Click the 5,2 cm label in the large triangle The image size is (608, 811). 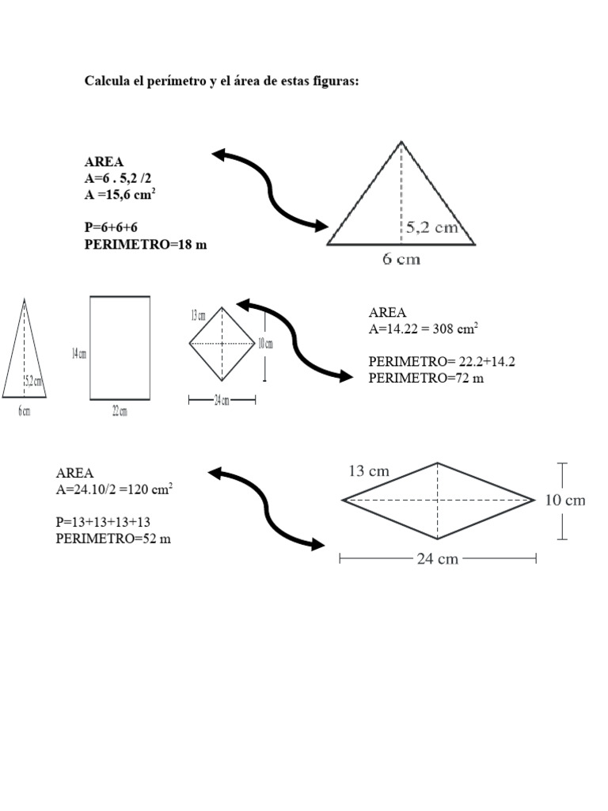(432, 228)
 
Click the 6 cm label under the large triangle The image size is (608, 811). (401, 259)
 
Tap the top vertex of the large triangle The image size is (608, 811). (401, 142)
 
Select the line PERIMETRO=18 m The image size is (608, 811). (146, 245)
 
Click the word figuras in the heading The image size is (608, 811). (336, 82)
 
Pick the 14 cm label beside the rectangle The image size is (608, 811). (78, 353)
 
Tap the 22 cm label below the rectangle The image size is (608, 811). (120, 411)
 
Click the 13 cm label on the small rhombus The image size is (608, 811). (199, 315)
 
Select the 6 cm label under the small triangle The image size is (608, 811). (25, 412)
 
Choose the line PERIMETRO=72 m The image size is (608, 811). (426, 378)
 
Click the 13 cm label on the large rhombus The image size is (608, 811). (369, 471)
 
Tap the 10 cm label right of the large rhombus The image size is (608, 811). (566, 500)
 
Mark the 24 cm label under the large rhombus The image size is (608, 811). (437, 559)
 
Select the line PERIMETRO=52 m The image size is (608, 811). (114, 539)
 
